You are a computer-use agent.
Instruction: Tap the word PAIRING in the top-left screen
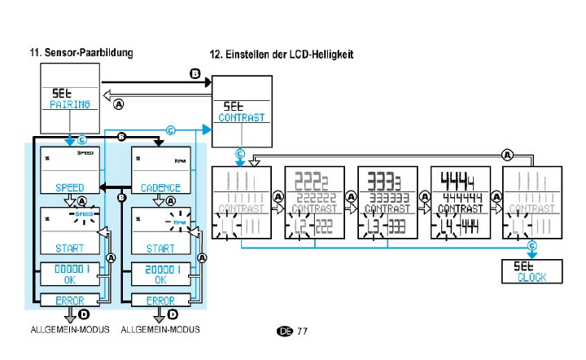(72, 105)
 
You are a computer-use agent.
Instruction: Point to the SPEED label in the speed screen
(70, 187)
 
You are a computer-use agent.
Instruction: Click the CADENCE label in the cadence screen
(160, 187)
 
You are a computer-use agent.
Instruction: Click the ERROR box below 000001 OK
(69, 301)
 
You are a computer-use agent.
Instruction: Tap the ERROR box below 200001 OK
(160, 301)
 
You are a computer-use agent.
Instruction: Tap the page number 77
(302, 331)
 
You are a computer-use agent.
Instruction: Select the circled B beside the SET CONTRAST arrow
(195, 73)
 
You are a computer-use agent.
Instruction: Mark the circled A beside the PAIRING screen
(120, 104)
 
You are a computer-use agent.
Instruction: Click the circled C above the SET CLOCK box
(531, 245)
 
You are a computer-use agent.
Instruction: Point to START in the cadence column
(160, 248)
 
